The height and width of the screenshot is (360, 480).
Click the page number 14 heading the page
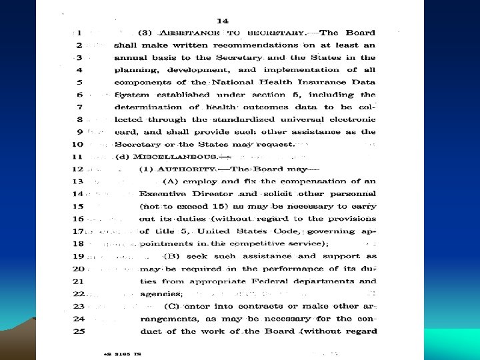point(232,21)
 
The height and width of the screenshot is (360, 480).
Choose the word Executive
point(163,194)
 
